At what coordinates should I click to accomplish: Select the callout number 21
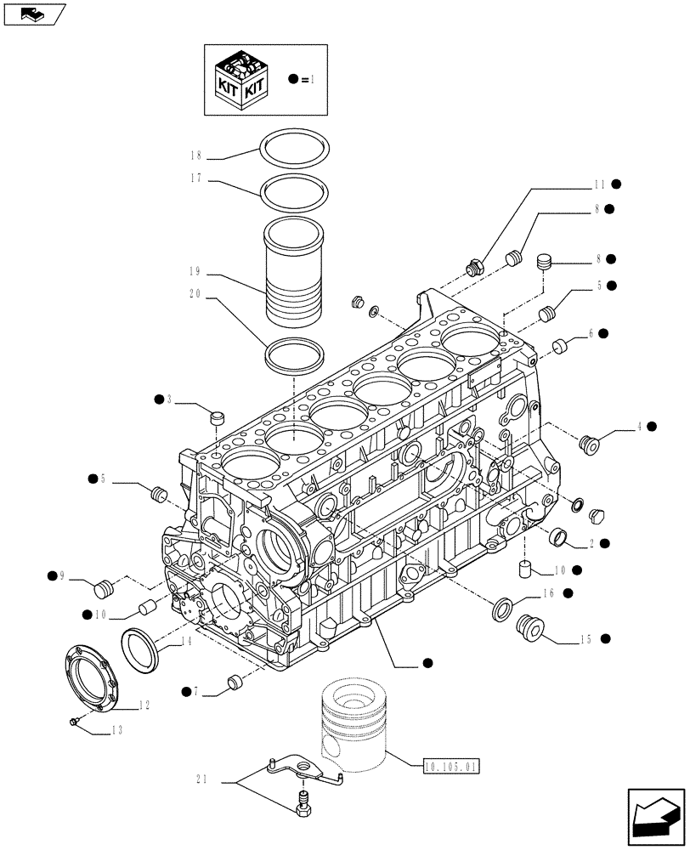201,779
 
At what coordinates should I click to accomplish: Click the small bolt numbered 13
76,721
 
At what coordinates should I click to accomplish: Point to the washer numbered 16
502,609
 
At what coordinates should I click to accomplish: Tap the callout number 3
170,399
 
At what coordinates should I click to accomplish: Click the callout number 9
62,577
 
